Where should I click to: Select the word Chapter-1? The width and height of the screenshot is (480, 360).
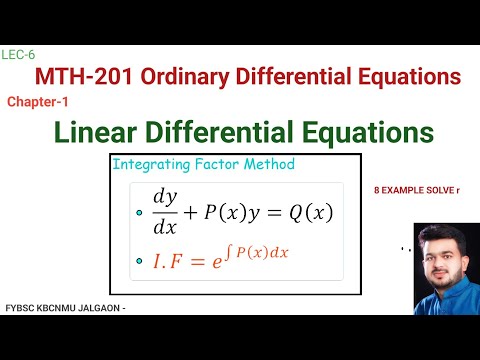point(37,101)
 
